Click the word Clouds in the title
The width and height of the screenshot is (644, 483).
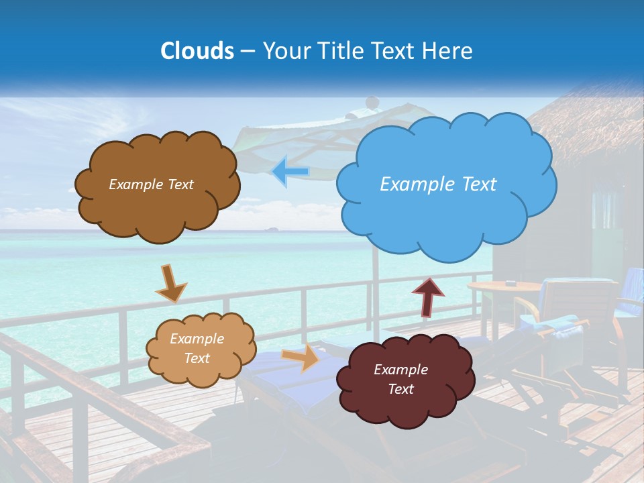click(x=197, y=51)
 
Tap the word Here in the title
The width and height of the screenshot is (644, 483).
click(x=447, y=51)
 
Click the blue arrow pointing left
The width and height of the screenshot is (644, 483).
click(x=290, y=172)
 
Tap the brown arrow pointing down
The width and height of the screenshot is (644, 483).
click(x=171, y=283)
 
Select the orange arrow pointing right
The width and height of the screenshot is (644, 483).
click(x=301, y=358)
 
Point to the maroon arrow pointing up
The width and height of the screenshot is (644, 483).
click(x=428, y=296)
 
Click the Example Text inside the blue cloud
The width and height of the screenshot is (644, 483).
click(x=438, y=184)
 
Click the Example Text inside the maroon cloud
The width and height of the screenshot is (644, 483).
click(x=400, y=379)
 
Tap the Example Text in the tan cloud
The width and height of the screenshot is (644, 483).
click(x=197, y=348)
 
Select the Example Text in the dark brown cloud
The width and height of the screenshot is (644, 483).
click(x=151, y=184)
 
